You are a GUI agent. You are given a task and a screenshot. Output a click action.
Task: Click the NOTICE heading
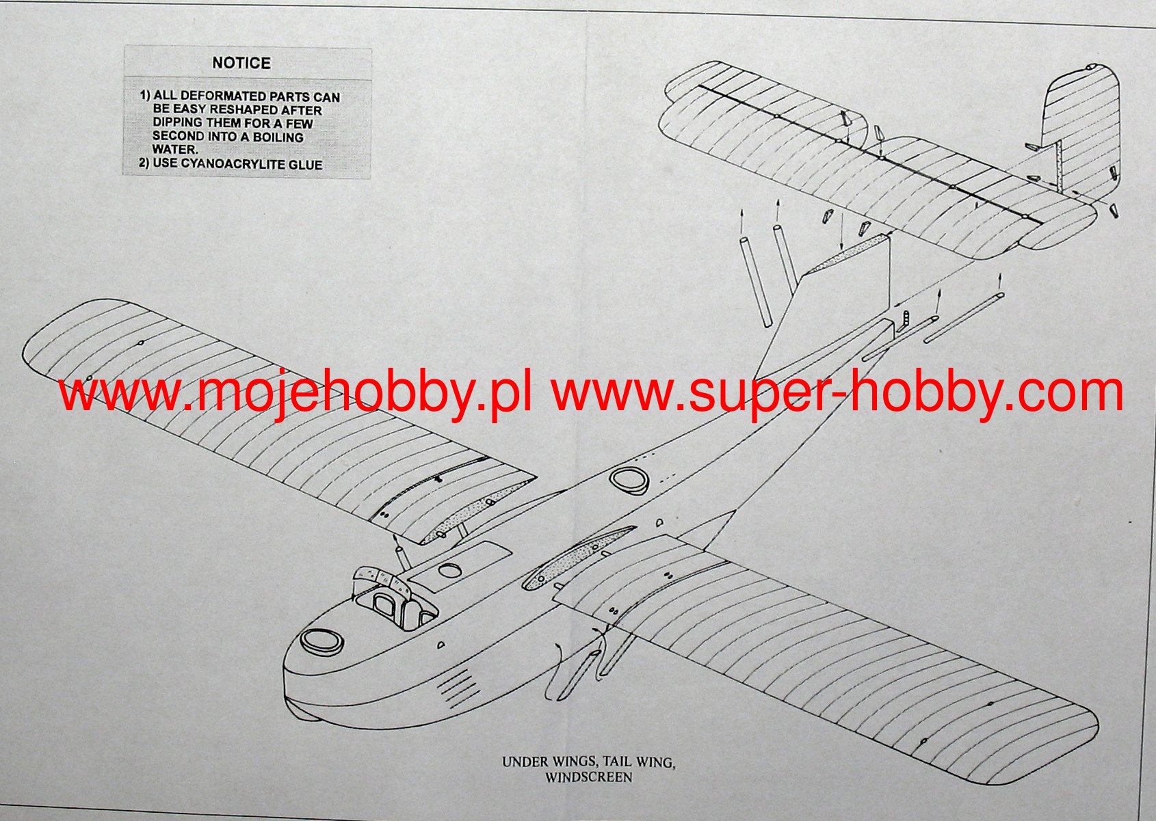[241, 63]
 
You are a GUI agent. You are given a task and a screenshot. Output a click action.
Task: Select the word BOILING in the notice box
[278, 137]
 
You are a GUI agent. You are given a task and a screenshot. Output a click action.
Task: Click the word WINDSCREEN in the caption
[588, 777]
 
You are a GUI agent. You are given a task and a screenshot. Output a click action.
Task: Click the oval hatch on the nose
[321, 641]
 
